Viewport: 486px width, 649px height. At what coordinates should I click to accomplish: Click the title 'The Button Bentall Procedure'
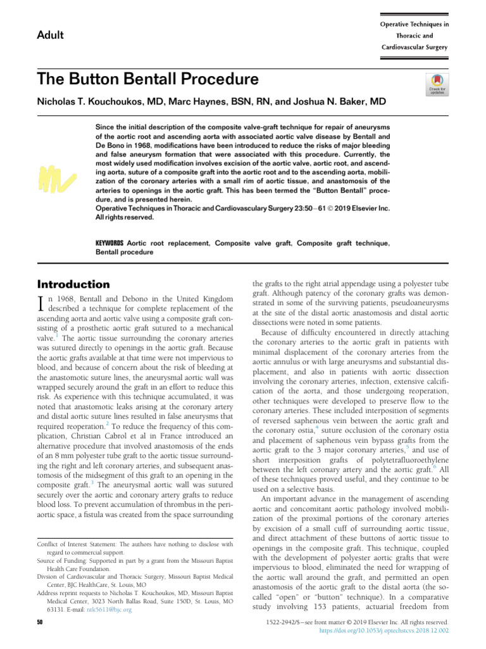coord(148,79)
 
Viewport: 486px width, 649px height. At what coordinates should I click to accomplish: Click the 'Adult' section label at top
coord(51,34)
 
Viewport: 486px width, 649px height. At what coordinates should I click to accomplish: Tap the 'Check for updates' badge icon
coord(437,84)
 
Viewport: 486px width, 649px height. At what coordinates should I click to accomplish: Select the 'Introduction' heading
coord(73,284)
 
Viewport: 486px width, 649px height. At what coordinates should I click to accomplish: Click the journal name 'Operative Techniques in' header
coord(414,24)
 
